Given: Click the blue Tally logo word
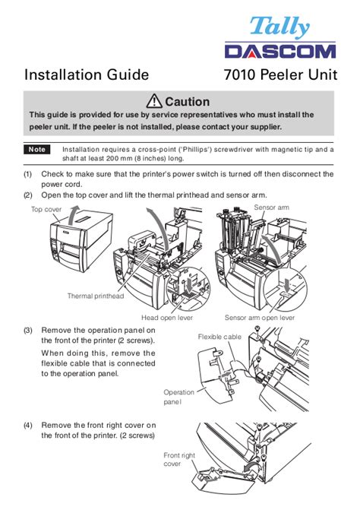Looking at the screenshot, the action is point(279,27).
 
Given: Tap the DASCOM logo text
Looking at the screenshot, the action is point(280,52).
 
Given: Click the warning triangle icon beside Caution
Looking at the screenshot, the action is point(154,101).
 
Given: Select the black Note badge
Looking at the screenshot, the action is point(36,150).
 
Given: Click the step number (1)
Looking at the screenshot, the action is point(27,174).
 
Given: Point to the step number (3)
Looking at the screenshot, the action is point(27,331).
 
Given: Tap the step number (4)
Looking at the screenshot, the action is point(27,426).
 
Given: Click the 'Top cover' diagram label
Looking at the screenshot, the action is point(46,210).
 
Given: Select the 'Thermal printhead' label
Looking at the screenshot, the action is point(96,296).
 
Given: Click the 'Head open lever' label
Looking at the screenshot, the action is point(167,318).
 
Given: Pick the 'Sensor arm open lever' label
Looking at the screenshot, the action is point(260,318).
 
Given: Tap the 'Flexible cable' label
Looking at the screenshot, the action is point(219,337).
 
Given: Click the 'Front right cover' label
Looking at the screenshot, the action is point(179,459).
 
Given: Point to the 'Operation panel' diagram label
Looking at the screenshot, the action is point(178,397).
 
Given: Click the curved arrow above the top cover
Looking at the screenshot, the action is point(73,214).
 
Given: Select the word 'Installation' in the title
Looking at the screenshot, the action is point(62,74).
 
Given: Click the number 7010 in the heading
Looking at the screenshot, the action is point(239,74).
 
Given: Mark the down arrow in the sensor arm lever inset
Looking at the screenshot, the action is point(287,285).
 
